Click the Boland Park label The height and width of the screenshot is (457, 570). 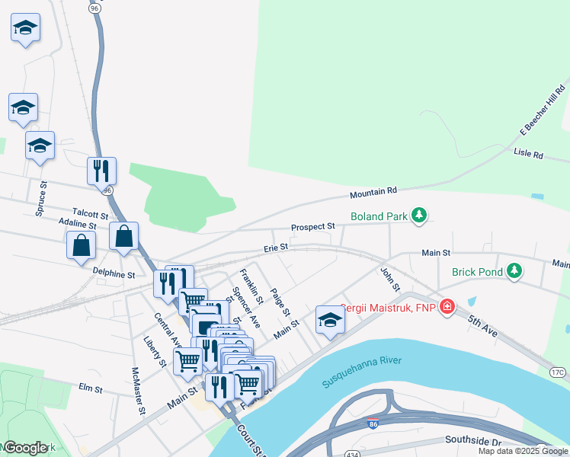[x=379, y=216]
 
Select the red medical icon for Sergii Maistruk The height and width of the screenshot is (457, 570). [x=447, y=308]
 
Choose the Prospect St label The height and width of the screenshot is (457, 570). [x=312, y=227]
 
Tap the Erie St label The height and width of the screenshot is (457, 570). [x=275, y=247]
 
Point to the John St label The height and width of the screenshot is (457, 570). [x=390, y=278]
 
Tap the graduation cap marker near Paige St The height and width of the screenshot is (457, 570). [x=329, y=320]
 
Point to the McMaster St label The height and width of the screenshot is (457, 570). [x=138, y=391]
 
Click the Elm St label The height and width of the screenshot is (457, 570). [x=91, y=388]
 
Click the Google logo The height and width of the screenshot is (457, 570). [x=25, y=447]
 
